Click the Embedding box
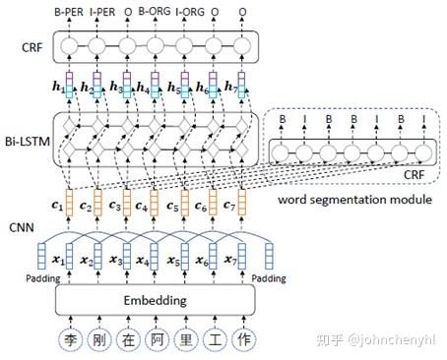(x=156, y=300)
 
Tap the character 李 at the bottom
(x=70, y=340)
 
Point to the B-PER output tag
(x=70, y=12)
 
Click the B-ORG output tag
(x=156, y=12)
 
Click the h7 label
(x=232, y=88)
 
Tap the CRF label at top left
(x=31, y=45)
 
